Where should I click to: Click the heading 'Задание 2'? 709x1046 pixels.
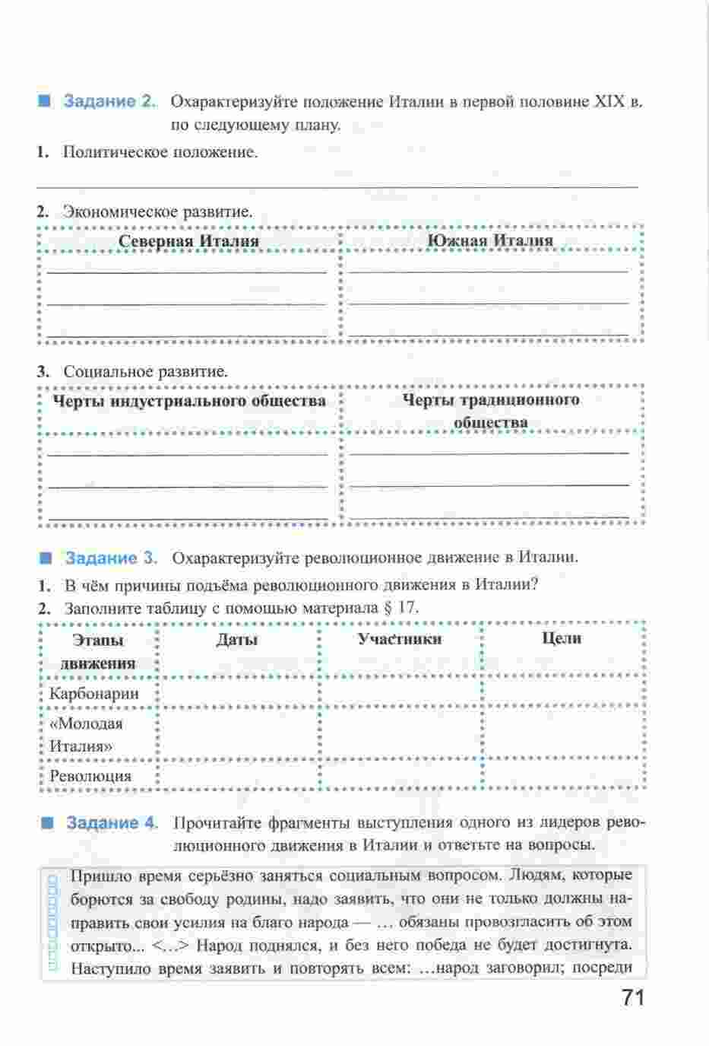point(109,101)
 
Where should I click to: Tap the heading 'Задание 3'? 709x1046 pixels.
point(111,558)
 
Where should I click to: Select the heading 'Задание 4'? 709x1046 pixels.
point(112,823)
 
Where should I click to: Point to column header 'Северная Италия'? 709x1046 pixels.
point(188,241)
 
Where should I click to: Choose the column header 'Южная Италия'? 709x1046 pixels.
point(489,240)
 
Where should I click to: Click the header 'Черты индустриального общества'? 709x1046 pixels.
point(188,401)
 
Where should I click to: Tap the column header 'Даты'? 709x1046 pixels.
point(236,640)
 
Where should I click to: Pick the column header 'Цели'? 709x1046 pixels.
point(562,639)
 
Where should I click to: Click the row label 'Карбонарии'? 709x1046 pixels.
point(94,693)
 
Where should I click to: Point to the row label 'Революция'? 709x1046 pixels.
point(90,776)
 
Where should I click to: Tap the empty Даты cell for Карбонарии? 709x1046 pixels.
point(237,693)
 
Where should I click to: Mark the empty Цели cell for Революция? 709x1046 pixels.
point(562,775)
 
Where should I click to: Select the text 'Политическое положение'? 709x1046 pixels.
point(160,152)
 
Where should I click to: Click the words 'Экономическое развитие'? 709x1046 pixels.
point(157,211)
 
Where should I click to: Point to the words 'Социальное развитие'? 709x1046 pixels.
point(145,372)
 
